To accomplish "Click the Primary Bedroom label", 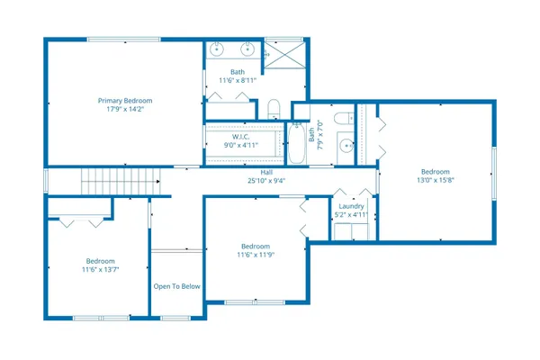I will [125, 100].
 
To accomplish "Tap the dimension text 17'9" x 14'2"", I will [125, 109].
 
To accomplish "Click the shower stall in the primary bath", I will [285, 54].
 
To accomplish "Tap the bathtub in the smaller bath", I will [296, 144].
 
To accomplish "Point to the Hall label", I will [266, 172].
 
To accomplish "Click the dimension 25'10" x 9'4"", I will [266, 180].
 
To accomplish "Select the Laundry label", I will [351, 206].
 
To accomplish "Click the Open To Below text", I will [176, 287].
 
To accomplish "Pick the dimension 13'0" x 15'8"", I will [435, 180].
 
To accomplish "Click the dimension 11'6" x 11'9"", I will [255, 255].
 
